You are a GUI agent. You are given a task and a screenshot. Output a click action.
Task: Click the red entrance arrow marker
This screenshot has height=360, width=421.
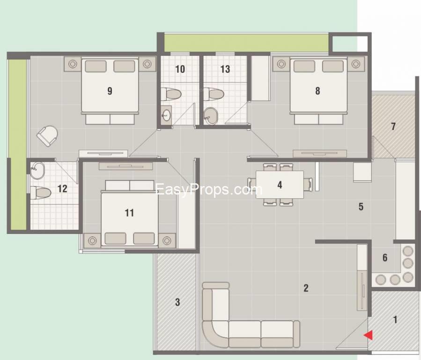369,335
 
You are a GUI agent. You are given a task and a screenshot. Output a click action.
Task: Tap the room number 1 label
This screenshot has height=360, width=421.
395,320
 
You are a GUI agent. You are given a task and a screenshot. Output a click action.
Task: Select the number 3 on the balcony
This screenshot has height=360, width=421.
177,302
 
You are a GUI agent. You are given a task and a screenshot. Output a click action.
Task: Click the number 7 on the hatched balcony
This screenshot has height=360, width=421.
393,126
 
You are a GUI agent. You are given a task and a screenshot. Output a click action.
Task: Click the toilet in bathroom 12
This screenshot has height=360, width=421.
41,192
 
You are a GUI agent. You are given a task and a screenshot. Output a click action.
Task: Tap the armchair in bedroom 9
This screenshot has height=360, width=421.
48,136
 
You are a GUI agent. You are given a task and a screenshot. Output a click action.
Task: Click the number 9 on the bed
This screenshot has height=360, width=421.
110,90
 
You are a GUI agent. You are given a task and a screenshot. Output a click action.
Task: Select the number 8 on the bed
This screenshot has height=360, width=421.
318,91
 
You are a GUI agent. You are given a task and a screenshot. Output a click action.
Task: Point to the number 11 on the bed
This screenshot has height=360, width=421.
129,213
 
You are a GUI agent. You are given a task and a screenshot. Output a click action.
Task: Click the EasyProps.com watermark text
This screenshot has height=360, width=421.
208,189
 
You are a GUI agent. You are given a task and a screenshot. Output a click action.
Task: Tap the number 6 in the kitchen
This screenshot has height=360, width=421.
384,257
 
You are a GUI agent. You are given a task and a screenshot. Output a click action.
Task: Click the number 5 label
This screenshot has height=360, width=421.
361,207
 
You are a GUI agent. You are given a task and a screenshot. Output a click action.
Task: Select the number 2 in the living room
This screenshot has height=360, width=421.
306,288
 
